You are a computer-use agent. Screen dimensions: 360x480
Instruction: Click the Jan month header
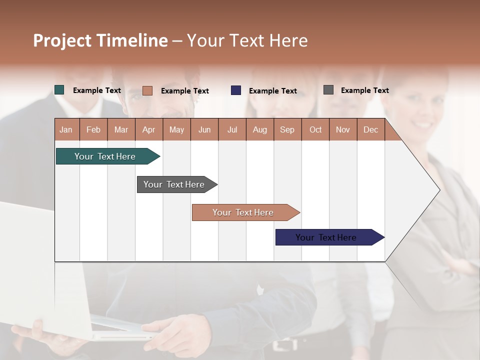[x=66, y=129]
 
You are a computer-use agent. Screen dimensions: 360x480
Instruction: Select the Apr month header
[x=149, y=129]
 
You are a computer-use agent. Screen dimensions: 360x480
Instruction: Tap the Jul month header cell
[x=232, y=129]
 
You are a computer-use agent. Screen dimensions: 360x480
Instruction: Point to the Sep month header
[x=287, y=129]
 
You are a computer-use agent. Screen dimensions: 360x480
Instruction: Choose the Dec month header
[x=370, y=129]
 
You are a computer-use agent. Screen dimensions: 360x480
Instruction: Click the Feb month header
[x=93, y=129]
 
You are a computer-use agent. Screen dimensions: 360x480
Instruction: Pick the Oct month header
[x=315, y=129]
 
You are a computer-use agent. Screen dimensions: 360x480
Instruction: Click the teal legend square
[x=59, y=90]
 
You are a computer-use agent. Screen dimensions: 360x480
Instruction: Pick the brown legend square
[x=147, y=90]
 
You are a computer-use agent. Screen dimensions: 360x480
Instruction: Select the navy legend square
[x=236, y=90]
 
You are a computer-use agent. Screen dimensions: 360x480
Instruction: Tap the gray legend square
[x=328, y=90]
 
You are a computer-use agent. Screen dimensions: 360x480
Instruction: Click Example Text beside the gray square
[x=364, y=90]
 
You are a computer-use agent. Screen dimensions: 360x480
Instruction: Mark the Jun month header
[x=204, y=129]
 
